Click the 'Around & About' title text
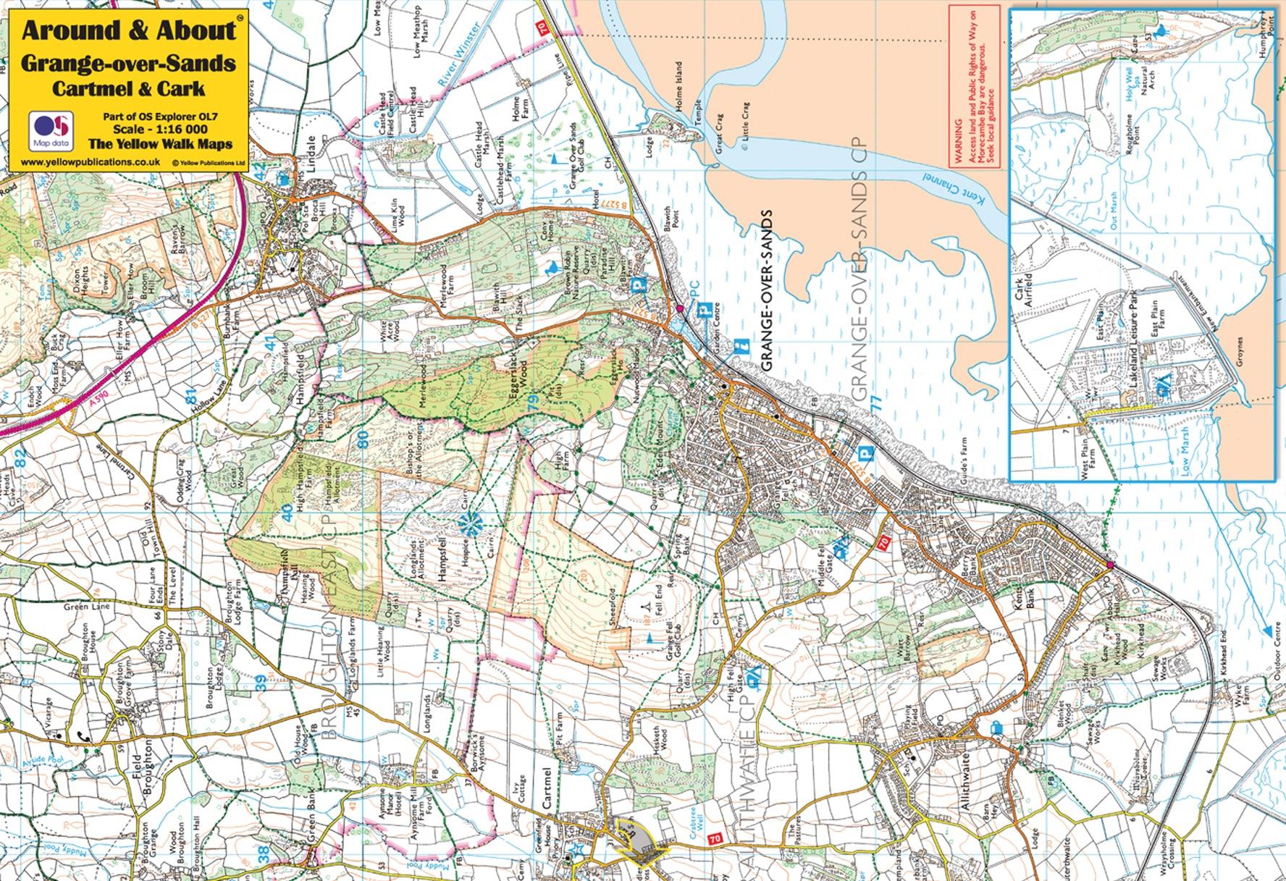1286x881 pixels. click(x=129, y=30)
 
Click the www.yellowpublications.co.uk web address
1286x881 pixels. click(x=91, y=163)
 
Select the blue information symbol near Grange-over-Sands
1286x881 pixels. click(x=740, y=347)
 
